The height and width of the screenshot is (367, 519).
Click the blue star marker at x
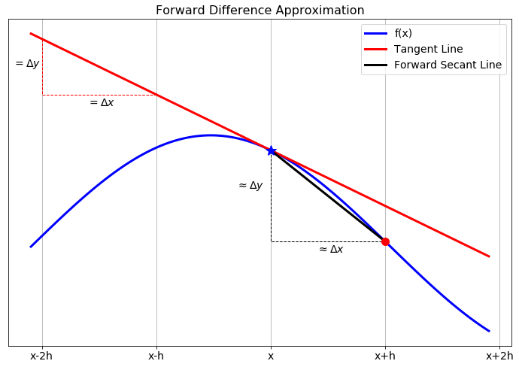(x=271, y=150)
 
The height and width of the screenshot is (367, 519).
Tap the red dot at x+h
(x=385, y=241)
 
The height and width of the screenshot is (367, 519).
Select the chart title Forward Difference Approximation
(x=259, y=11)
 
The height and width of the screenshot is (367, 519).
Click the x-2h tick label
(x=41, y=356)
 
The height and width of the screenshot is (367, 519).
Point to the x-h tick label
(x=156, y=356)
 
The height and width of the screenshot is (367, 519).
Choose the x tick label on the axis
(x=271, y=356)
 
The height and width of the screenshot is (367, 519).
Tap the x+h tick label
(x=385, y=356)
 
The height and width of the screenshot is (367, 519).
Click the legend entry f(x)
(x=403, y=33)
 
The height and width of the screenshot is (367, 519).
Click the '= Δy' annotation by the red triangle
(x=27, y=64)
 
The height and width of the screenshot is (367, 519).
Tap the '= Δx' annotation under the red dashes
(x=102, y=102)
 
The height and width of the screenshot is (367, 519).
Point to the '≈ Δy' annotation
(x=250, y=185)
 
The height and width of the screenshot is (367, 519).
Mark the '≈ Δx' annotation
(x=331, y=249)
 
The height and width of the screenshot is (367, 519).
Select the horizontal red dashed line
(x=98, y=95)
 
